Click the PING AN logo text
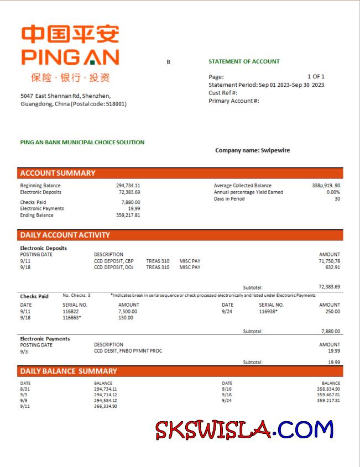(70, 57)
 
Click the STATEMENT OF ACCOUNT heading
(244, 61)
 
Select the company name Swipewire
(275, 150)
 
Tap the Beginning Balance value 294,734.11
(128, 186)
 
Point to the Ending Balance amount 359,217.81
(128, 215)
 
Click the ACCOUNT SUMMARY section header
(58, 173)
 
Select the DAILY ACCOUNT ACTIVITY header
(65, 235)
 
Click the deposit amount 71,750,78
(330, 261)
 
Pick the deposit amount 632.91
(333, 267)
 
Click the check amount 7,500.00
(128, 311)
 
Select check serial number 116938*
(268, 311)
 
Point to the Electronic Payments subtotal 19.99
(333, 362)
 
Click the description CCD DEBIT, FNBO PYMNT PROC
(128, 351)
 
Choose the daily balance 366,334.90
(106, 406)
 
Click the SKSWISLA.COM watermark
(244, 429)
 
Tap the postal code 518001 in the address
(116, 104)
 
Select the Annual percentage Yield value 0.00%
(333, 192)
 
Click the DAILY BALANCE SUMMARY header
(69, 371)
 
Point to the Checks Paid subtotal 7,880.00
(331, 332)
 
